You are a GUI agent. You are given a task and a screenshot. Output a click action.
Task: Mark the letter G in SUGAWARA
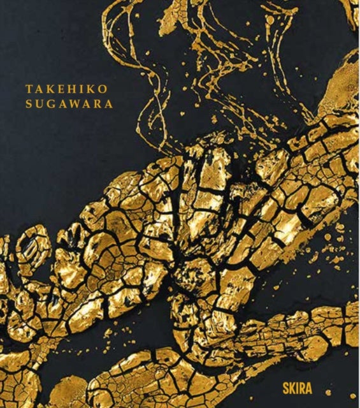50,105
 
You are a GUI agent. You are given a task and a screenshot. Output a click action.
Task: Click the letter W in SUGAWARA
72,105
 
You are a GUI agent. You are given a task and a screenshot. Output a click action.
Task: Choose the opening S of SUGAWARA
29,105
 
